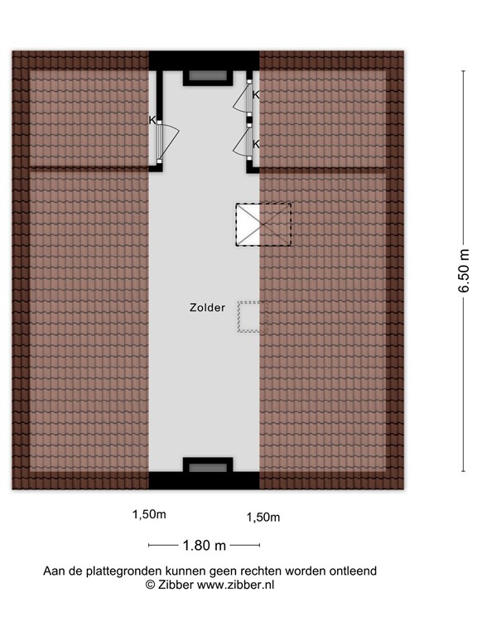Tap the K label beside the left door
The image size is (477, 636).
pyautogui.click(x=152, y=120)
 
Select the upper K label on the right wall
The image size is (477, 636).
pyautogui.click(x=256, y=95)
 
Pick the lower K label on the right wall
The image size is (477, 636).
pyautogui.click(x=256, y=143)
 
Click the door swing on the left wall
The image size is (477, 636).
pyautogui.click(x=168, y=142)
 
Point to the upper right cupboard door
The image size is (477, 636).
pyautogui.click(x=242, y=100)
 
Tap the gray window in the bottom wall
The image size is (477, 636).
pyautogui.click(x=205, y=468)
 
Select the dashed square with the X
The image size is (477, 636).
pyautogui.click(x=264, y=224)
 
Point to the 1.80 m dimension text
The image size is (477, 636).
pyautogui.click(x=204, y=545)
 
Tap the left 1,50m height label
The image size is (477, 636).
pyautogui.click(x=149, y=514)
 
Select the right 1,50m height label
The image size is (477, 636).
pyautogui.click(x=263, y=518)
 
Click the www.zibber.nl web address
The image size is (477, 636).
pyautogui.click(x=234, y=584)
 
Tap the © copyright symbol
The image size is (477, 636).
pyautogui.click(x=151, y=584)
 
